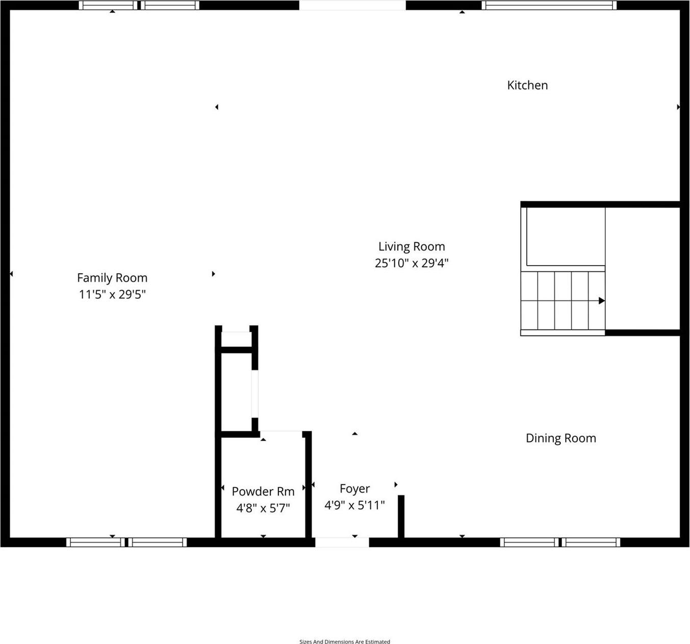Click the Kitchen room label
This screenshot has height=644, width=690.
[527, 85]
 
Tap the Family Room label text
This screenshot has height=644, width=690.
[112, 278]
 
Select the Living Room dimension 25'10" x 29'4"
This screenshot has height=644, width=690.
[412, 263]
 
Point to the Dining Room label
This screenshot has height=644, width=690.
[561, 438]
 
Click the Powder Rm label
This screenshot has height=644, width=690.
[263, 492]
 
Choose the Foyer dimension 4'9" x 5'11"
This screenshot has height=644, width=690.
[354, 505]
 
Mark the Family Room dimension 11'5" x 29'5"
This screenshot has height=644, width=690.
[112, 294]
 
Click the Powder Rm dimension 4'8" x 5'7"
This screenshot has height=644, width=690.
[263, 508]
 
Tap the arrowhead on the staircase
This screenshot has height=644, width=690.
[602, 301]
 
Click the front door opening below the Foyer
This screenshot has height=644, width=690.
[342, 542]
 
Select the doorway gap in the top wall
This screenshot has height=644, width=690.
[352, 5]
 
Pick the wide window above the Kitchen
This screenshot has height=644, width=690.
[549, 5]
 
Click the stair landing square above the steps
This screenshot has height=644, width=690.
[565, 236]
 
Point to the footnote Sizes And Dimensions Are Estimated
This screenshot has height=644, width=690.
[345, 641]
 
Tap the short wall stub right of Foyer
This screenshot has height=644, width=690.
[401, 516]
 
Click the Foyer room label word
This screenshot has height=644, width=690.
[354, 489]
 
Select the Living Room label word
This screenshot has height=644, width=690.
[412, 247]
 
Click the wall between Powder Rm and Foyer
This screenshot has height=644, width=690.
[308, 484]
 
